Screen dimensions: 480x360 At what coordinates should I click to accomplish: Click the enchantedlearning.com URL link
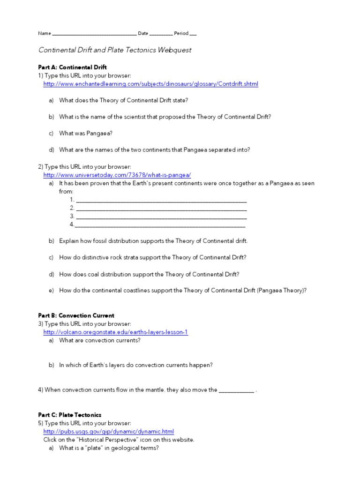[x=150, y=84]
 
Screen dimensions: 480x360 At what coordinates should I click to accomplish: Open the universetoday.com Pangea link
[x=117, y=175]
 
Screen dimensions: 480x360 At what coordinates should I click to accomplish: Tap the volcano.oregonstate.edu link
[x=115, y=332]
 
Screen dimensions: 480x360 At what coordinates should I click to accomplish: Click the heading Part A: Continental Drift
[x=72, y=67]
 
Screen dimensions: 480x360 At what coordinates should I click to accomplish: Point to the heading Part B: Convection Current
[x=76, y=315]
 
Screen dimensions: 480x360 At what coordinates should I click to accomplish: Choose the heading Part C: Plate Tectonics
[x=69, y=415]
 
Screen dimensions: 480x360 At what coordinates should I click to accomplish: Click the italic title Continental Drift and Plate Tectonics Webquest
[x=114, y=50]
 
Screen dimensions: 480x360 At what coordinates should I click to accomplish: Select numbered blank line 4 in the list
[x=160, y=225]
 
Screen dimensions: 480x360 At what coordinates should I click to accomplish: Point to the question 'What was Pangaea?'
[x=86, y=133]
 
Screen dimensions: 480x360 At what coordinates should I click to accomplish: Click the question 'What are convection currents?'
[x=99, y=340]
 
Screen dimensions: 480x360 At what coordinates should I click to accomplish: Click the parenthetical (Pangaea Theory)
[x=281, y=291]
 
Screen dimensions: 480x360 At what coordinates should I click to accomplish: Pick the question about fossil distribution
[x=153, y=241]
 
